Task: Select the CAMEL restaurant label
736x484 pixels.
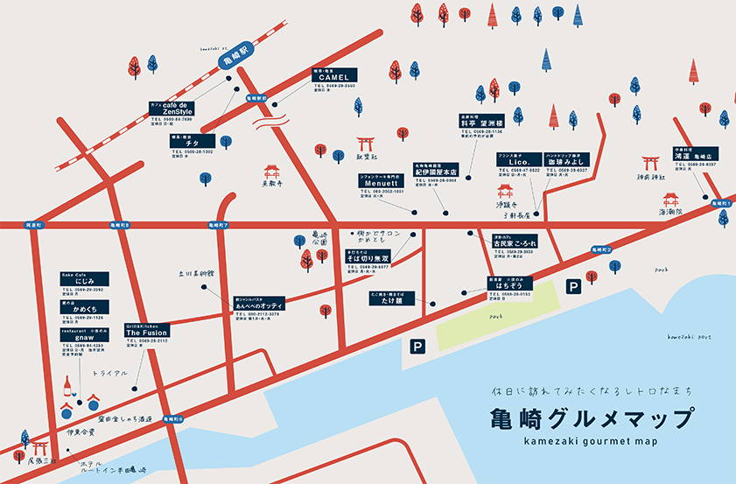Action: point(333,76)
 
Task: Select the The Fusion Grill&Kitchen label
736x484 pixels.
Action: point(146,333)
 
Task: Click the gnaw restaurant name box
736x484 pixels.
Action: point(82,337)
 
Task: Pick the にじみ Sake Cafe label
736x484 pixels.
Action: point(82,281)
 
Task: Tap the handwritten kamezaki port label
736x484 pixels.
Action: point(692,336)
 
